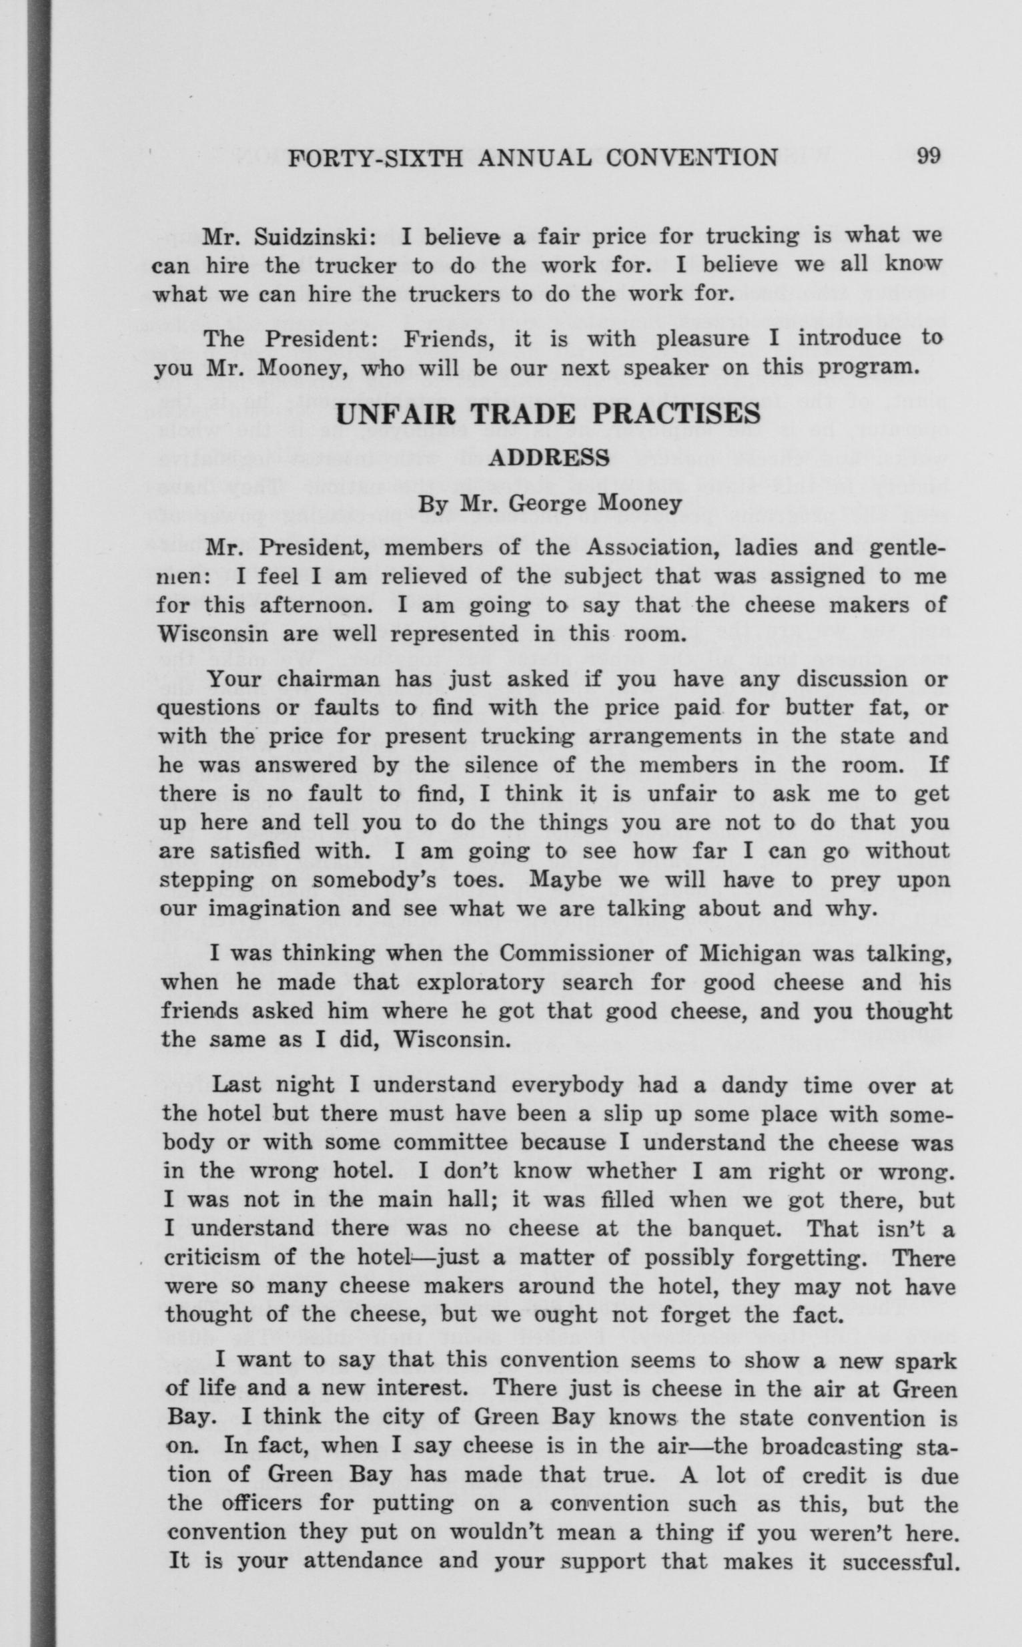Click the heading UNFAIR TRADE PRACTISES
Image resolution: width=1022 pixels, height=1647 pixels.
pos(548,414)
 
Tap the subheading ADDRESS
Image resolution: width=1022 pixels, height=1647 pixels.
pos(548,459)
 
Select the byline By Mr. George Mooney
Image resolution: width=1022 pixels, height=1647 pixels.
pos(549,504)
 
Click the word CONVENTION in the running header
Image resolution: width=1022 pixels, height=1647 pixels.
pos(692,158)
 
